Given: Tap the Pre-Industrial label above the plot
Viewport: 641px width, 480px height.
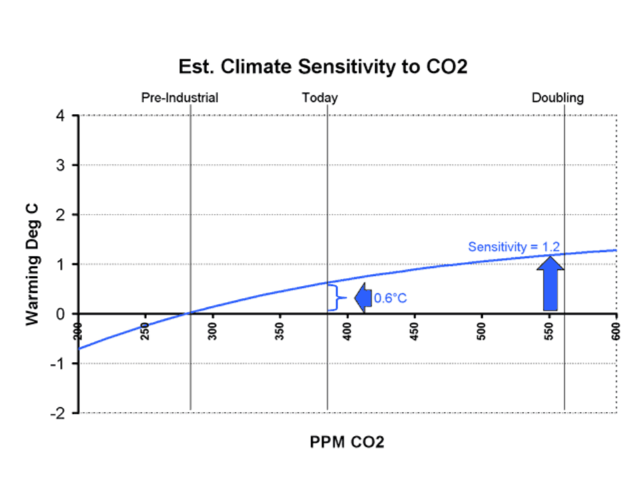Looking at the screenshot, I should (x=180, y=98).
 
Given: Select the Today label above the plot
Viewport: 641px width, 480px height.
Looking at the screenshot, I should (x=320, y=98).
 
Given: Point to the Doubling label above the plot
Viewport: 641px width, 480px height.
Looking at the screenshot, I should (x=558, y=98).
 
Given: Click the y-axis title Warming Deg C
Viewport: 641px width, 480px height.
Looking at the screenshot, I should (x=31, y=264).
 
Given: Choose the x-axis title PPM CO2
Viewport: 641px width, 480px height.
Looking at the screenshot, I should (x=347, y=442).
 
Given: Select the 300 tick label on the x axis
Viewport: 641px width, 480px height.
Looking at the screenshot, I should (x=212, y=331).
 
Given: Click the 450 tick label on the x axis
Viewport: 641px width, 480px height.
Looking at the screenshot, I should (x=414, y=331).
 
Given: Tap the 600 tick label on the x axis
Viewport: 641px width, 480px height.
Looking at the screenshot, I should (x=615, y=331).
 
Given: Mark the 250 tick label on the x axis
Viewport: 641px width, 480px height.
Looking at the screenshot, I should (x=145, y=331).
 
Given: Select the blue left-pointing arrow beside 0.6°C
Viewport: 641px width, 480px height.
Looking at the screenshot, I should (x=363, y=298).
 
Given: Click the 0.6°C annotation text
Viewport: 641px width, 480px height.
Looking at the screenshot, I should (x=390, y=299).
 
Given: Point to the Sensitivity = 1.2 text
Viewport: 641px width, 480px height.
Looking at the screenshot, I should (x=513, y=247).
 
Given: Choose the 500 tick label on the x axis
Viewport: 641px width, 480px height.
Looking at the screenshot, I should (x=481, y=331).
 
